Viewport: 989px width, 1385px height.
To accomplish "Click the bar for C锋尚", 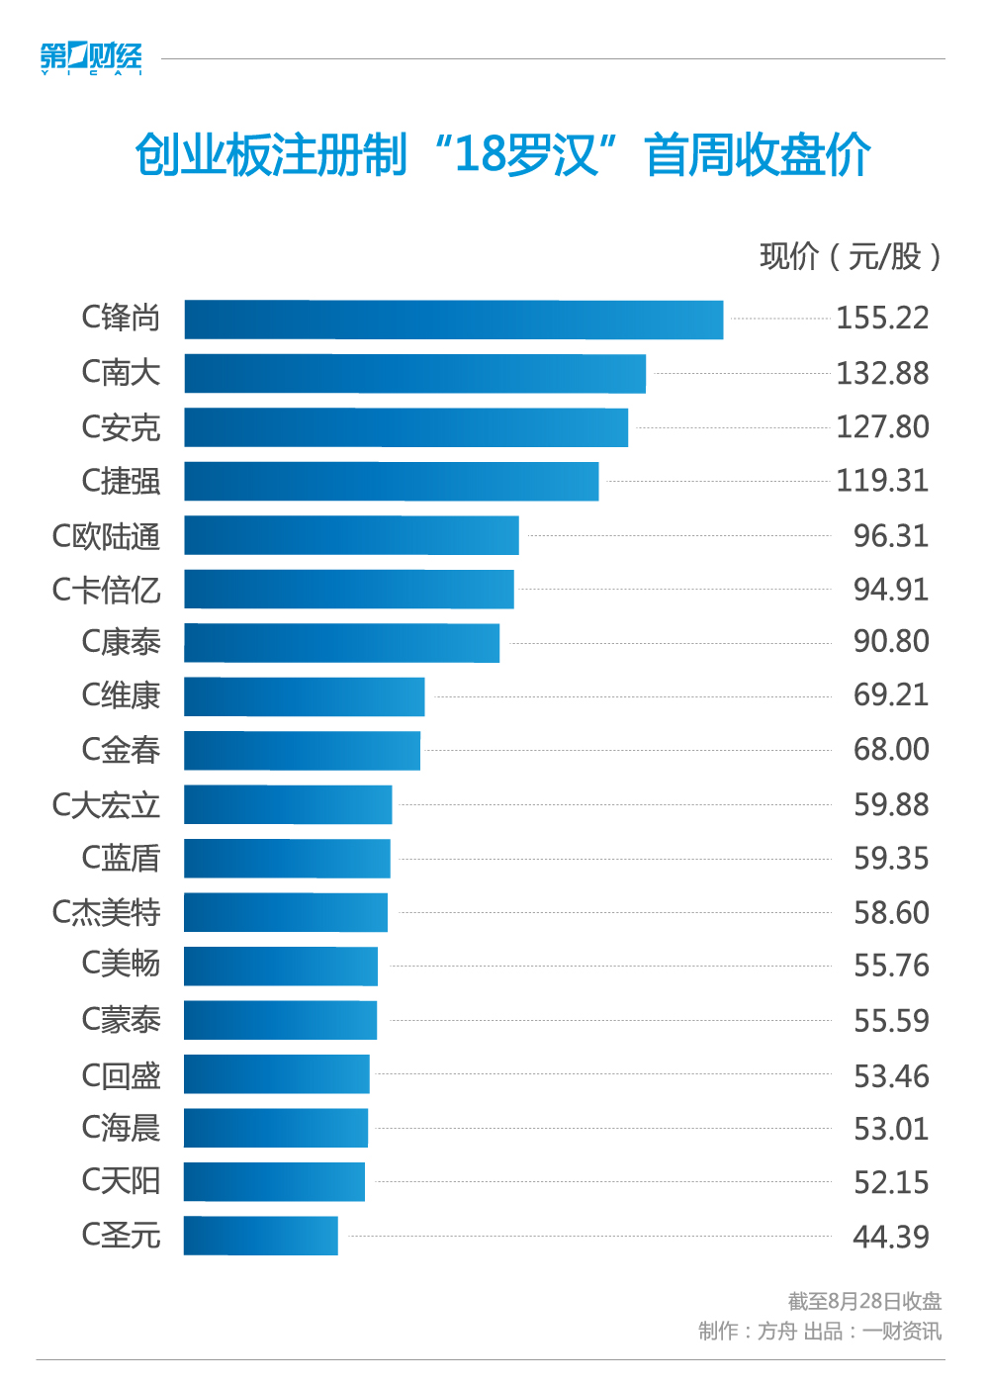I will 453,320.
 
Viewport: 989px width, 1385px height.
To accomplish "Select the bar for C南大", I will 414,374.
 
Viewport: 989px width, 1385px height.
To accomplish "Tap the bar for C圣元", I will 261,1236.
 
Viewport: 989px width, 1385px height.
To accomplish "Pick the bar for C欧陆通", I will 351,535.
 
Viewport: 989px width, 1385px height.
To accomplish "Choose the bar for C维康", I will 304,696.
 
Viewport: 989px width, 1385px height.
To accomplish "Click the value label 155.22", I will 882,319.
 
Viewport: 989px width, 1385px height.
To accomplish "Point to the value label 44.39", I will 891,1237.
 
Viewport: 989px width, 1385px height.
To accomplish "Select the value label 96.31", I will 891,536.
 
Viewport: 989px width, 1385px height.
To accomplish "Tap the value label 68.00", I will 891,750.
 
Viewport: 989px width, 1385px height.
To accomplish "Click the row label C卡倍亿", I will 106,590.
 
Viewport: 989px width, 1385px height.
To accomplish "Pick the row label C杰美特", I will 106,912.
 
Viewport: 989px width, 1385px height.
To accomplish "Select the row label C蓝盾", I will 121,858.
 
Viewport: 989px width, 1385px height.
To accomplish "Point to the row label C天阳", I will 121,1180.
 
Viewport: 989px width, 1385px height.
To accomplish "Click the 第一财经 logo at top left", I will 91,58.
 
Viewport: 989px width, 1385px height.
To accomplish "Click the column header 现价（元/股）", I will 850,257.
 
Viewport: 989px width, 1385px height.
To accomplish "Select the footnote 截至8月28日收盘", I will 864,1301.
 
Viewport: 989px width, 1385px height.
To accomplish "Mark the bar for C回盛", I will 277,1074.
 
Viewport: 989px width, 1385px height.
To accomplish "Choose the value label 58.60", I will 891,912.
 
